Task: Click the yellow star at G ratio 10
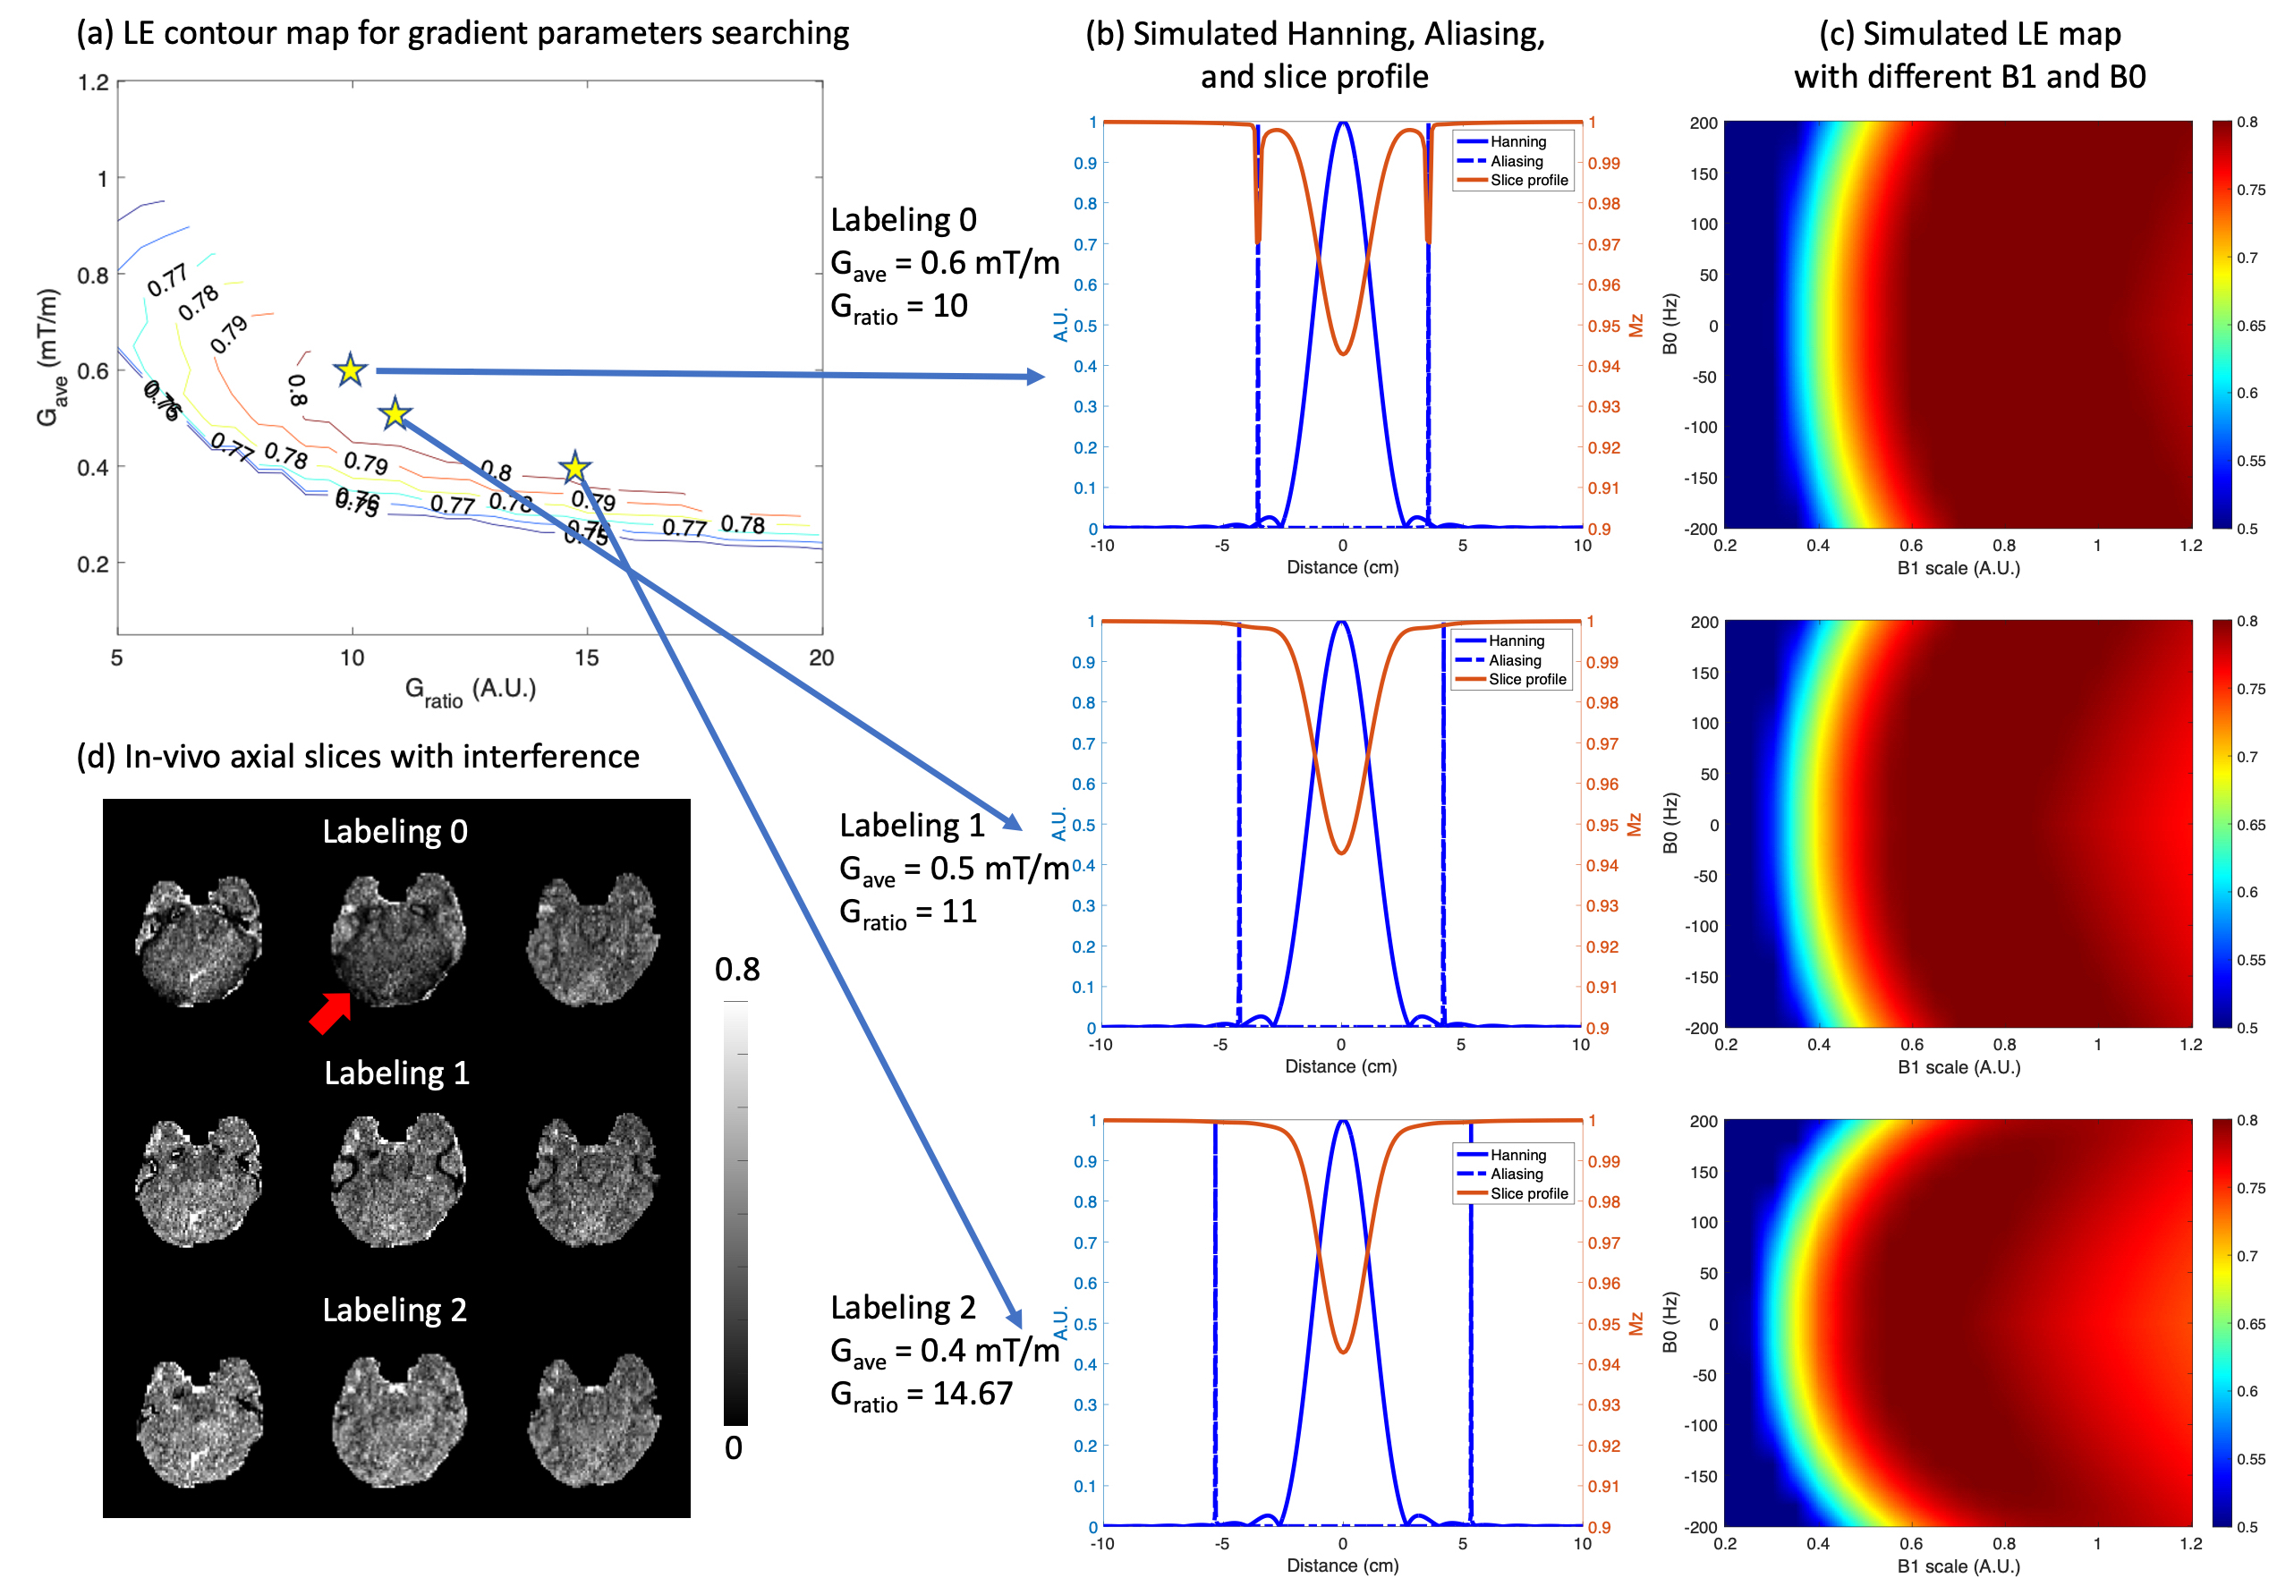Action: click(x=350, y=369)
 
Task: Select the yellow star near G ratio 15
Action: click(x=574, y=468)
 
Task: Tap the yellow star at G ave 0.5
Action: click(x=395, y=413)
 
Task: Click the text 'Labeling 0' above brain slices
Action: click(x=395, y=832)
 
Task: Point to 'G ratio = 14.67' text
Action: click(x=922, y=1394)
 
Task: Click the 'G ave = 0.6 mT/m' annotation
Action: click(x=944, y=264)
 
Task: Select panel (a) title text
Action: click(x=463, y=34)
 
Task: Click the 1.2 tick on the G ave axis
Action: click(x=94, y=82)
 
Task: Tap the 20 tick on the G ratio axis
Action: click(x=820, y=657)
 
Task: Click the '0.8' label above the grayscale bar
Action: click(x=737, y=970)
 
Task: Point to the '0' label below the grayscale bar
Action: click(x=734, y=1448)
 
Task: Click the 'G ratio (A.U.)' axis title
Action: click(x=471, y=690)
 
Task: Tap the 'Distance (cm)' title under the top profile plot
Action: click(x=1342, y=567)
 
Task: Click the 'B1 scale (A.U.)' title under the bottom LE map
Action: click(x=1958, y=1566)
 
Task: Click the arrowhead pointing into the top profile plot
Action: click(x=1035, y=377)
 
